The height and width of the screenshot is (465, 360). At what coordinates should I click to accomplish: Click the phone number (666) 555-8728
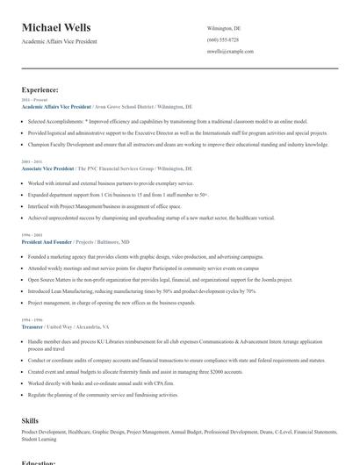(x=222, y=39)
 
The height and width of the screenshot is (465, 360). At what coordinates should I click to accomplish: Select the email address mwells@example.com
(x=230, y=52)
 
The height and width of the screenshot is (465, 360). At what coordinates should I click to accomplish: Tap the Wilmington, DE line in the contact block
(x=224, y=28)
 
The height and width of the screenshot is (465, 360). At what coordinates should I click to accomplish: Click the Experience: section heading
(x=40, y=89)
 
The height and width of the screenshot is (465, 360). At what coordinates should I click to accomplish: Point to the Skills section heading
(x=30, y=421)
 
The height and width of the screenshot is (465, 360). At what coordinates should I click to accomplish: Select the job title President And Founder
(x=47, y=240)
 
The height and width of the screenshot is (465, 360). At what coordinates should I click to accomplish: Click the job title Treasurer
(x=32, y=325)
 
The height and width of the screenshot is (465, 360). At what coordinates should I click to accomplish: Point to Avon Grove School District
(x=120, y=105)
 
